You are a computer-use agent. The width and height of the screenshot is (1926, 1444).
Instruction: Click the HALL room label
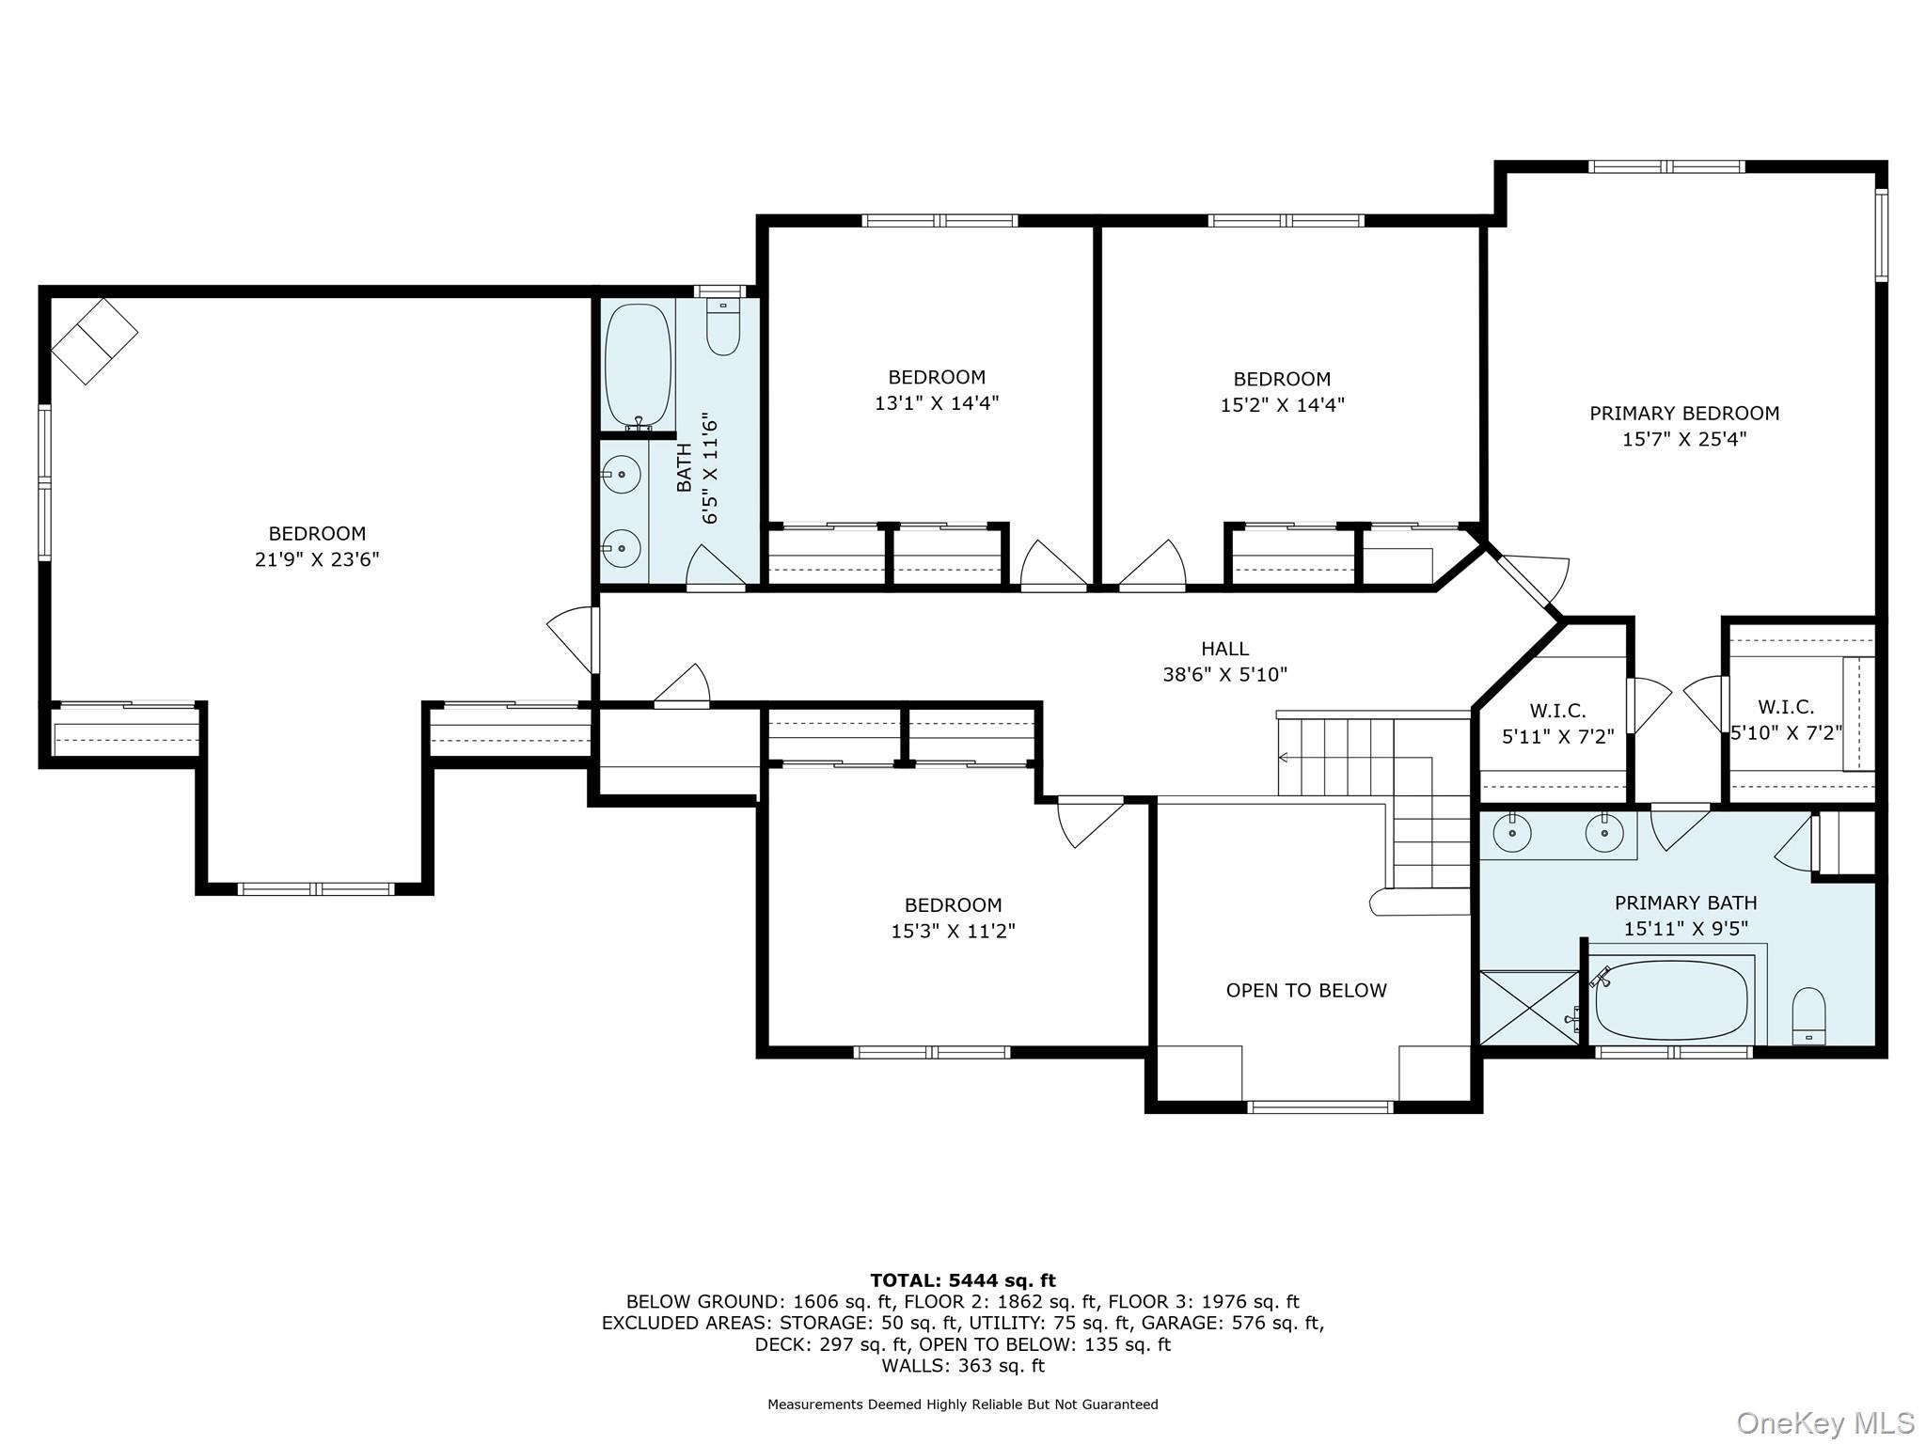coord(1224,649)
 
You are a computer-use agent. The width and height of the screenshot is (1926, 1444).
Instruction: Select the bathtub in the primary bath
coord(1671,1000)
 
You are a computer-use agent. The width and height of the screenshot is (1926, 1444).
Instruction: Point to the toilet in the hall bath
coord(723,326)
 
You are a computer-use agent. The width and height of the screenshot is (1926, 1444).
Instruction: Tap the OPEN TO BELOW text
coord(1306,990)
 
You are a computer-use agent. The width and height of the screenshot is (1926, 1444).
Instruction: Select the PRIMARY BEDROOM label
coord(1684,413)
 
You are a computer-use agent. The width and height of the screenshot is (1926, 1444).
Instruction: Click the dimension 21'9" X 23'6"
coord(317,560)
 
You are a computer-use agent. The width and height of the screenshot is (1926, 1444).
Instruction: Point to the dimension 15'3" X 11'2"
coord(953,932)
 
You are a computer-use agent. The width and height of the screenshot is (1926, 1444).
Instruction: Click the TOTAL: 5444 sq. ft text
coord(963,1280)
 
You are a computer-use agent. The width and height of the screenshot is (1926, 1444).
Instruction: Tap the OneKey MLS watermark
coord(1825,1423)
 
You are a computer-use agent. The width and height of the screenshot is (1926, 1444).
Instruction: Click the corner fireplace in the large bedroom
coord(94,340)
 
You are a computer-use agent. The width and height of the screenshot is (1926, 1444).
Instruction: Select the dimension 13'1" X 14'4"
coord(936,403)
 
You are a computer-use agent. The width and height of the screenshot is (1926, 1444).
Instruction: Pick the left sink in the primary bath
coord(1511,832)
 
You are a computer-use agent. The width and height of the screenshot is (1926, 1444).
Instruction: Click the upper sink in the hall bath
coord(622,475)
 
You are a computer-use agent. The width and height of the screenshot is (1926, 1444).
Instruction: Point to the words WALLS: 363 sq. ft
coord(963,1366)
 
